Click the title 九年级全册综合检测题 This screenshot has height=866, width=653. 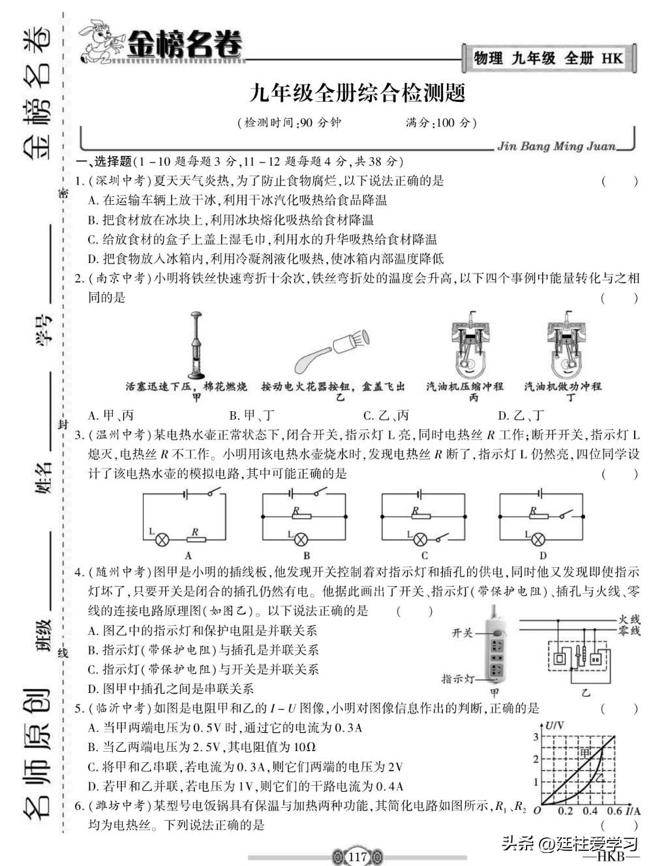pos(357,93)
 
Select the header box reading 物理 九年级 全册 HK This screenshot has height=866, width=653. pos(548,59)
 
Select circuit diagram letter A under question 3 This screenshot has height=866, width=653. pos(188,556)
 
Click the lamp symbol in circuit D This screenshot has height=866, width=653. pos(538,539)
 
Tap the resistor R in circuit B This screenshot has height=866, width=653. pos(301,515)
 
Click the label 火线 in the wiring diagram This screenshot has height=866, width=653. pos(629,619)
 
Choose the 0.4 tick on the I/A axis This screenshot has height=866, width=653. pos(590,811)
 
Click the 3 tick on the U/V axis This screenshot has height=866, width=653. pos(536,737)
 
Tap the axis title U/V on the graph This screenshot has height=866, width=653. pos(556,726)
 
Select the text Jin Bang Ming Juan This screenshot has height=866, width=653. pos(556,146)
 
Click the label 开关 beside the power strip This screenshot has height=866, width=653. pos(462,633)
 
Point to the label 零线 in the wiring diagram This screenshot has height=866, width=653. pos(629,631)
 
